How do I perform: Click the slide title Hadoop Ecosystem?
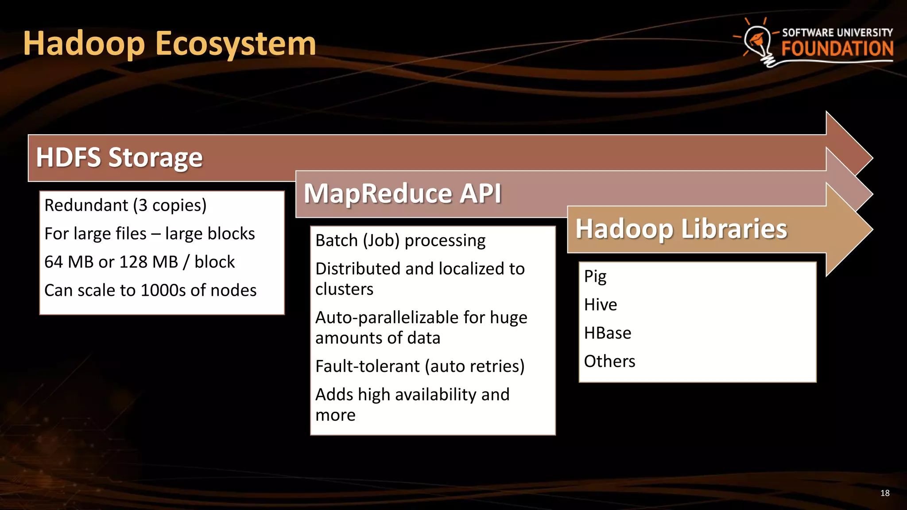(x=170, y=44)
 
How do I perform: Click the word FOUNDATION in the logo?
(x=837, y=49)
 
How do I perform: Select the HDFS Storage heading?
(x=119, y=158)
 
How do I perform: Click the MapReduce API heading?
(x=402, y=193)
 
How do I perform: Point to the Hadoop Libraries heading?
(x=681, y=229)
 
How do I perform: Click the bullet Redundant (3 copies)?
(x=125, y=205)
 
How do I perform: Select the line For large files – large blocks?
(x=150, y=234)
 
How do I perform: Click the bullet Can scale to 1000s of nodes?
(x=150, y=290)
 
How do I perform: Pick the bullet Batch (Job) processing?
(x=400, y=241)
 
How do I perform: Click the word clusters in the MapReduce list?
(x=345, y=290)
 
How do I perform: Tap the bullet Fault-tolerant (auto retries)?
(x=420, y=367)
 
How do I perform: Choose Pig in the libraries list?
(x=595, y=277)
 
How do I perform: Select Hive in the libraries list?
(x=600, y=305)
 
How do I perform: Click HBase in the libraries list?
(x=607, y=333)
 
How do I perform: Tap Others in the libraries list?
(x=609, y=361)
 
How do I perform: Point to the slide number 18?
(x=885, y=493)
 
